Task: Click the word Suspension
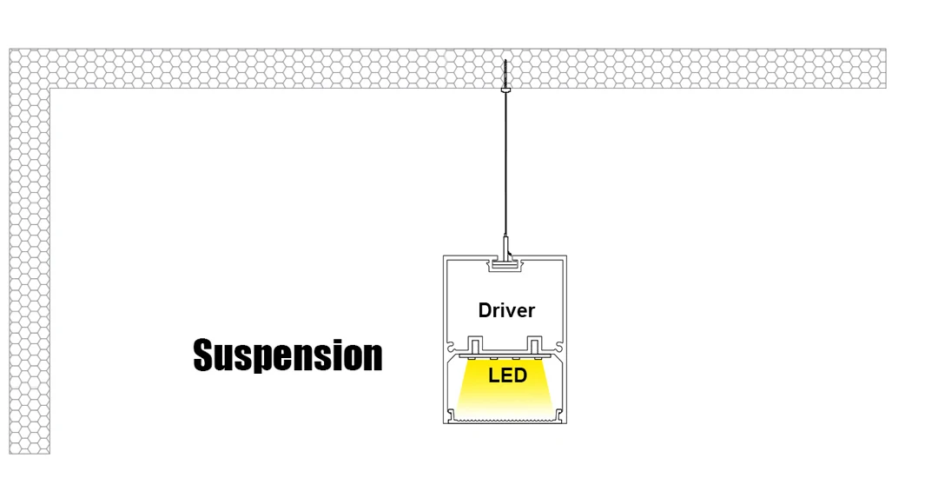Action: (287, 355)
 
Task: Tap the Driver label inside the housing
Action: (506, 310)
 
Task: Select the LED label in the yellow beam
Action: (507, 375)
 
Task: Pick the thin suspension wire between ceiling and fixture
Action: (505, 165)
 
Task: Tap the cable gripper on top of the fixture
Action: (505, 247)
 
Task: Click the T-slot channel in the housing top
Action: (505, 264)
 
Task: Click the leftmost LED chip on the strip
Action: (475, 357)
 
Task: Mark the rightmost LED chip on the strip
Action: (536, 357)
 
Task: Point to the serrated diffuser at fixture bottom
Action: (505, 419)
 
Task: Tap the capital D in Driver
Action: (485, 310)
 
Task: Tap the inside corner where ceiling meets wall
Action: (51, 89)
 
